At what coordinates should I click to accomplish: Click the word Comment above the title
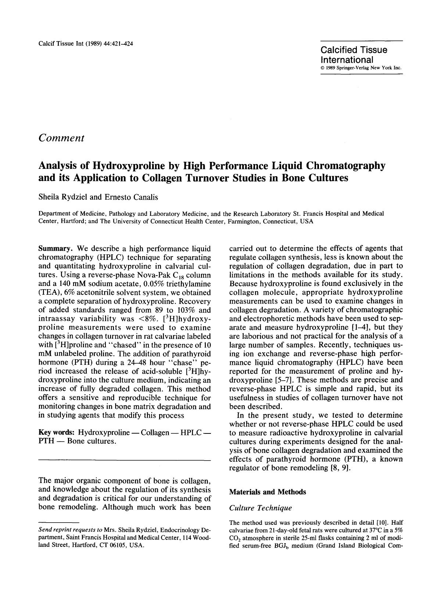(x=61, y=138)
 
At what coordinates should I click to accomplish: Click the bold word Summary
(x=54, y=248)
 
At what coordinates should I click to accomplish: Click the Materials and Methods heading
(x=267, y=492)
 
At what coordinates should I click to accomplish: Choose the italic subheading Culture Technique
(x=260, y=508)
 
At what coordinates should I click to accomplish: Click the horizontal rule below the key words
(x=125, y=460)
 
